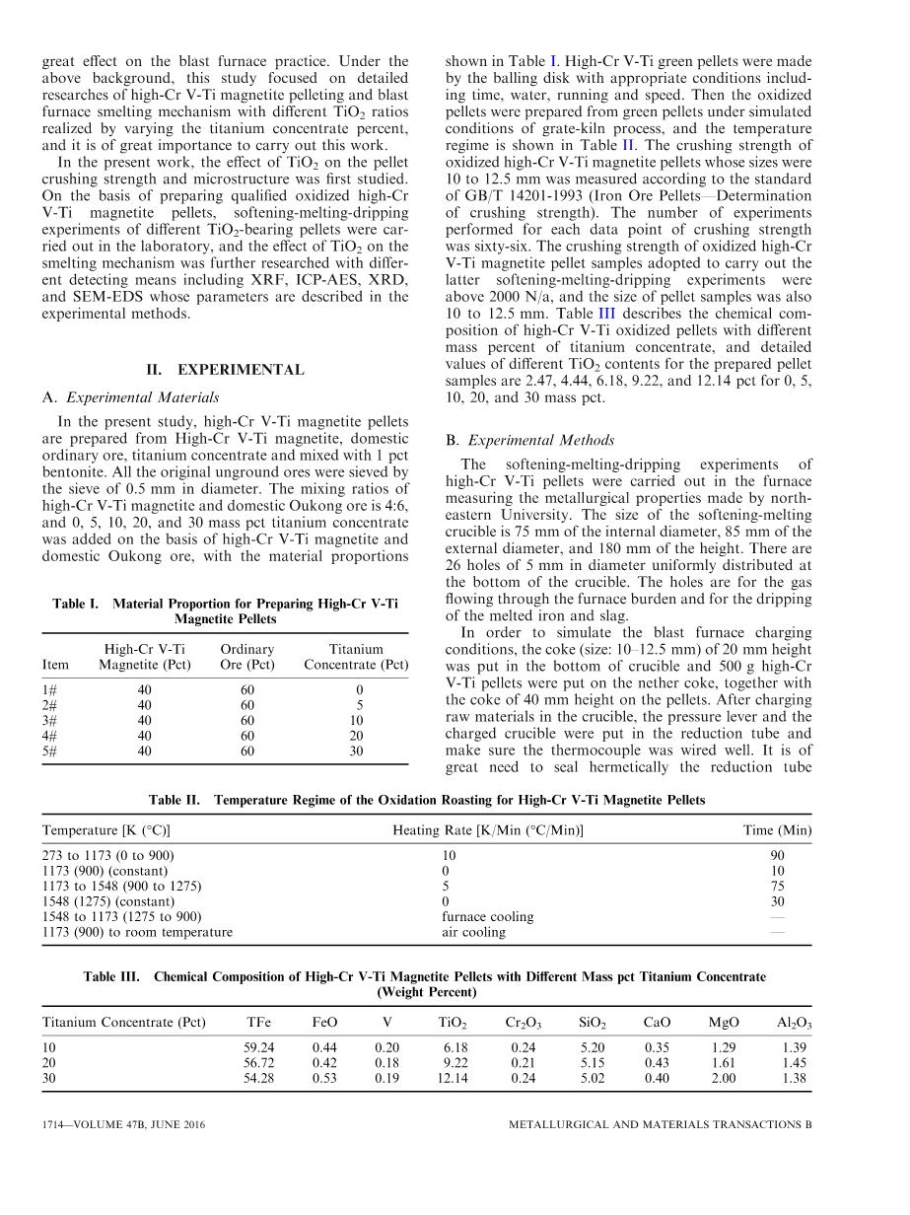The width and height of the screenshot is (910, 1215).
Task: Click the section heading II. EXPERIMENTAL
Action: pos(225,370)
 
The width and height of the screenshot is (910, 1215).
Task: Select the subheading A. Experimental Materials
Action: pos(131,397)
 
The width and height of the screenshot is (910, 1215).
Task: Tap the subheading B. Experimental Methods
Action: pos(529,440)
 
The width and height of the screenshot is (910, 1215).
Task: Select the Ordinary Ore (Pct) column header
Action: pos(246,657)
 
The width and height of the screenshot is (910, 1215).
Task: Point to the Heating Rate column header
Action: pos(488,830)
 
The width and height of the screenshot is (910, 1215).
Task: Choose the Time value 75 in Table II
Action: pos(777,886)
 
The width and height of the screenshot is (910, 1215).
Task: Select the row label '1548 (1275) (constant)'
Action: pos(105,901)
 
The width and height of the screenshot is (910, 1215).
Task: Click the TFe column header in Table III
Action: pos(257,1023)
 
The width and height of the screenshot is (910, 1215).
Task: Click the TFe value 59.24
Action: pos(258,1047)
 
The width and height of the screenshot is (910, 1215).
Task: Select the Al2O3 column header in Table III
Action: pos(794,1024)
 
